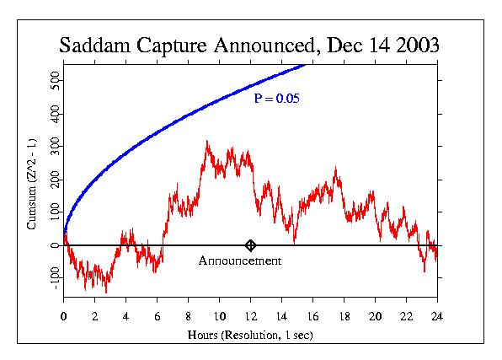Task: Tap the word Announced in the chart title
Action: (x=263, y=46)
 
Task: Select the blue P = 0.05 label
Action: (x=277, y=99)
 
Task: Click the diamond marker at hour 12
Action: (x=250, y=245)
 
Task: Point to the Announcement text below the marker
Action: (x=240, y=261)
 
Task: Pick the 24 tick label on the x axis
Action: (x=437, y=316)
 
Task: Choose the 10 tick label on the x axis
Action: (x=219, y=316)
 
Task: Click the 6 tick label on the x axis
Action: (x=157, y=316)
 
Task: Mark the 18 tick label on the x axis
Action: (x=344, y=316)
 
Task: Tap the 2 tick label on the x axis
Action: (x=94, y=316)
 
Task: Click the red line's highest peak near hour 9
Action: (x=206, y=142)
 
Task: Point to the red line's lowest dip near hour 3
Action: (x=105, y=292)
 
